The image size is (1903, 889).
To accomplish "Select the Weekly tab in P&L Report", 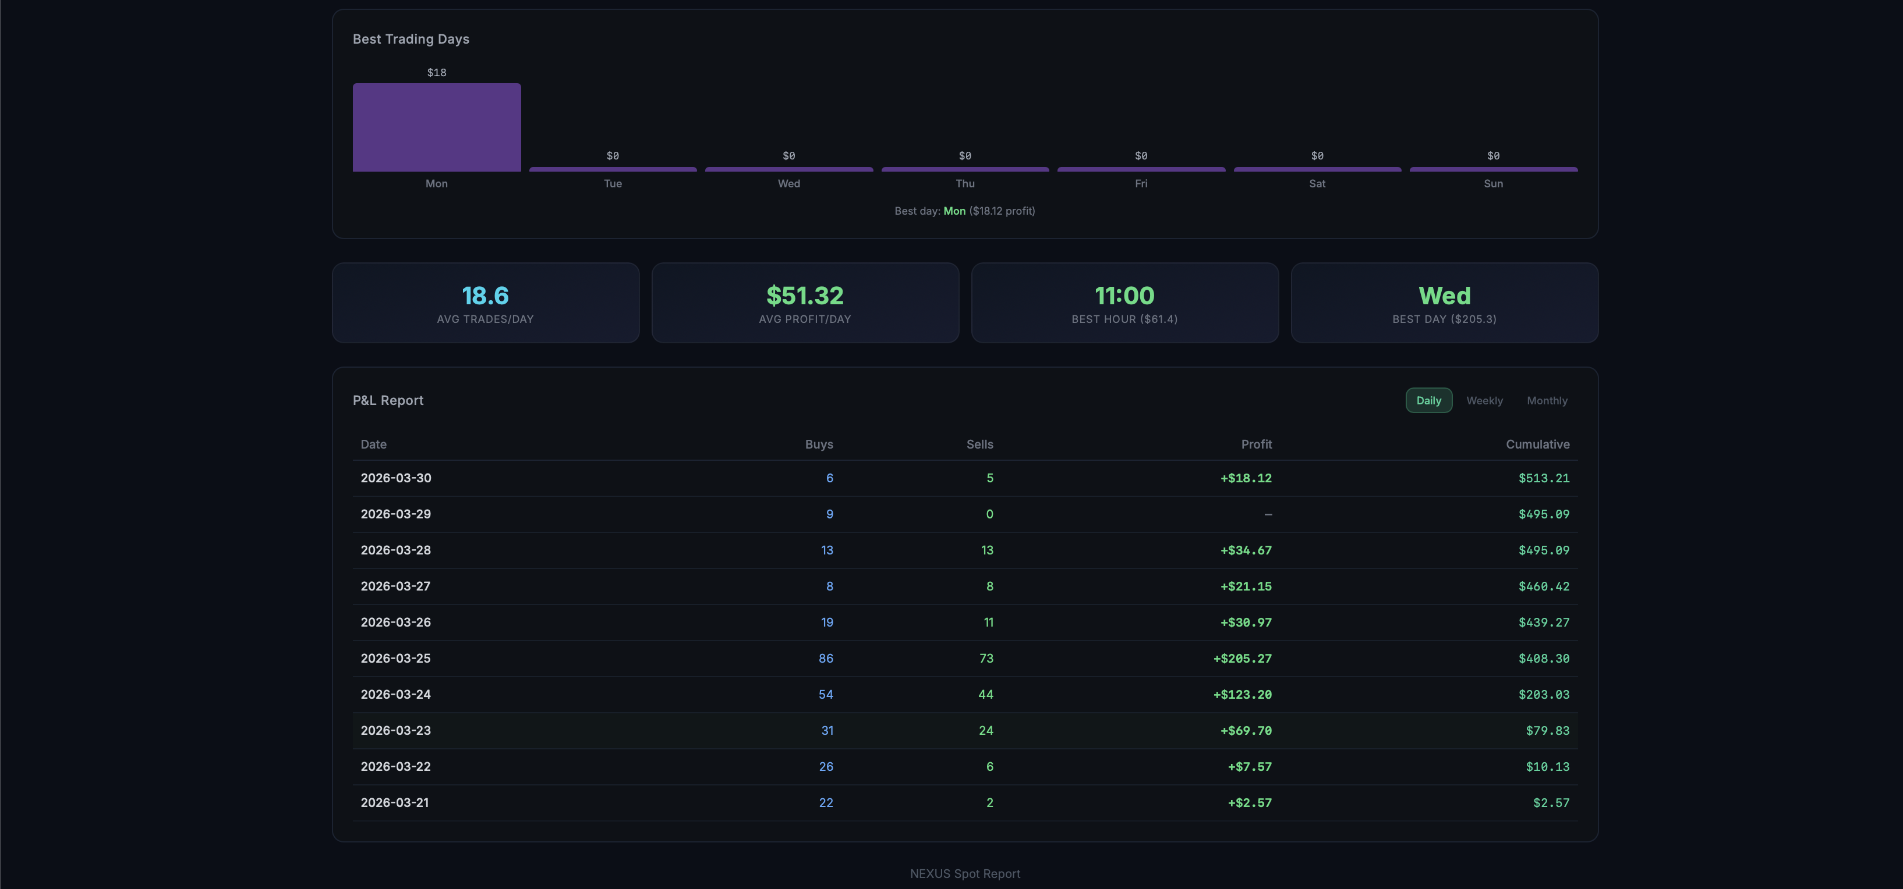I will coord(1484,400).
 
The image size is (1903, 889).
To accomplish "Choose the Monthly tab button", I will coord(1547,400).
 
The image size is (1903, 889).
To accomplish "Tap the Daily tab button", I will coord(1428,400).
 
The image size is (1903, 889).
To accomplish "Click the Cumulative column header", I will coord(1537,444).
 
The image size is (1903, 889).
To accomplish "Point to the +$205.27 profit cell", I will coord(1242,658).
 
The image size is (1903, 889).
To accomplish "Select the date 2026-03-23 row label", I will coord(395,730).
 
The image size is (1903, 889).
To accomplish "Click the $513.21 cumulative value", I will coord(1543,478).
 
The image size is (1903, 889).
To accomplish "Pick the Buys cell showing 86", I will coord(825,658).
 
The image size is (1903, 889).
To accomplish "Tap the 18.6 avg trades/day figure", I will coord(485,296).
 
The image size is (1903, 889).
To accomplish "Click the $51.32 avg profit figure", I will coord(805,296).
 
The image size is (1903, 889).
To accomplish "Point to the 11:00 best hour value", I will coord(1124,296).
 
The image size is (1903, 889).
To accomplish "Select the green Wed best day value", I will coord(1444,296).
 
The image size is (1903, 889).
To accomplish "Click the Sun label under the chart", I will coord(1493,183).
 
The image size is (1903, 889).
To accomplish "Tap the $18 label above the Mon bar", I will coord(437,72).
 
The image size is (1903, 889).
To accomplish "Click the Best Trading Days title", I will coord(411,39).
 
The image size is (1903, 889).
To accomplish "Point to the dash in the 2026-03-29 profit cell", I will coord(1268,514).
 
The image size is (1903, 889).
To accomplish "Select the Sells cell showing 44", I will coord(985,694).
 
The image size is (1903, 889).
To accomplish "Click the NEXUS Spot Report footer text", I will coord(965,873).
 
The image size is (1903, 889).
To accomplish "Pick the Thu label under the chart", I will coord(965,183).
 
